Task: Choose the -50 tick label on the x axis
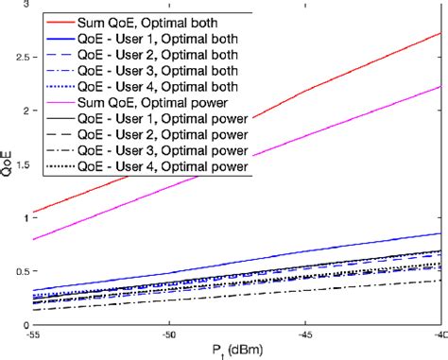169,334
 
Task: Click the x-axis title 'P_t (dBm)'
237,351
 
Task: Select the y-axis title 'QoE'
8,165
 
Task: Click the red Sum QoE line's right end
440,33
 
